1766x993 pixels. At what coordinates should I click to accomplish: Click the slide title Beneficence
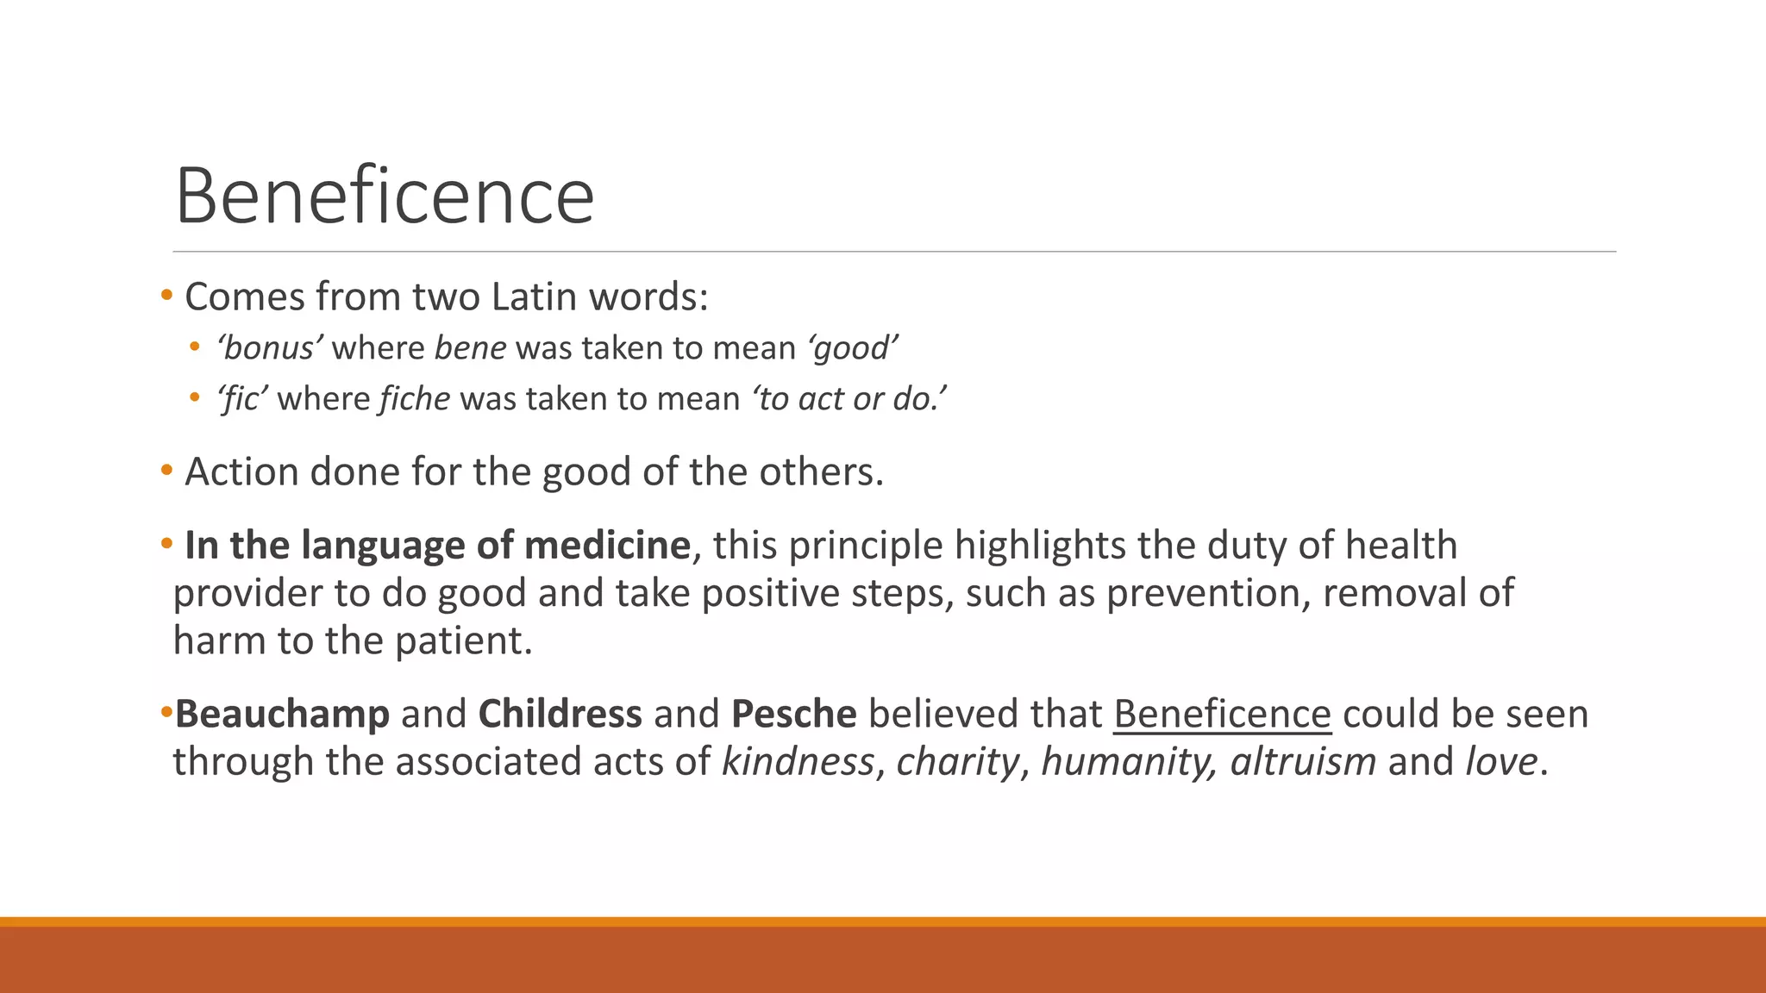(385, 197)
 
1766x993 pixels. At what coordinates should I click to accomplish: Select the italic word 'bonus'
(270, 348)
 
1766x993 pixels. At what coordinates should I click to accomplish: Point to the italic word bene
(470, 348)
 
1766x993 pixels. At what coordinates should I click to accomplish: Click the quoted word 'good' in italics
(853, 348)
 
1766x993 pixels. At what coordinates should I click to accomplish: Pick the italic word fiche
(414, 399)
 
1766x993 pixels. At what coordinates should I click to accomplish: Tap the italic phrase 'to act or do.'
(849, 399)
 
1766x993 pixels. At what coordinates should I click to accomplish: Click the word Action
(241, 472)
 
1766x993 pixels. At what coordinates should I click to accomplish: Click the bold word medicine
(607, 546)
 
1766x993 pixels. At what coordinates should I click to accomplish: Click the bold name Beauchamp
(282, 715)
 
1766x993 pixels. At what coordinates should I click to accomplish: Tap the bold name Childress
(560, 715)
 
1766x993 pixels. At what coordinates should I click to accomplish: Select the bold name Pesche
(793, 715)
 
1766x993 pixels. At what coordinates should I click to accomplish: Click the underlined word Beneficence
(1222, 715)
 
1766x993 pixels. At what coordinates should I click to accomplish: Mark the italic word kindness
(798, 762)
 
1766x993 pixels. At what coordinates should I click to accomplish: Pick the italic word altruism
(1303, 762)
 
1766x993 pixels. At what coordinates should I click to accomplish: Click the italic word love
(1501, 762)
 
